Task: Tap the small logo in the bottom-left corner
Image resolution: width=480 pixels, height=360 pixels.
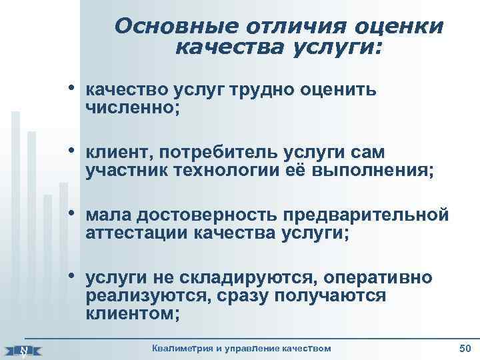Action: tap(25, 348)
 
